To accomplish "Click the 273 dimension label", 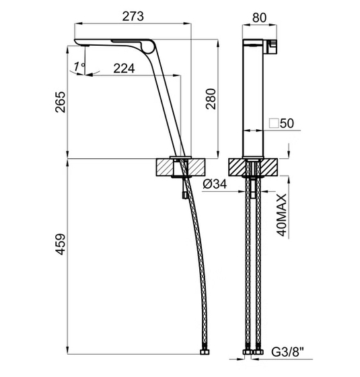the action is coord(133,16).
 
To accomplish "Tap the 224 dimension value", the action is coord(124,68).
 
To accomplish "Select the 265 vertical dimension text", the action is coord(61,102).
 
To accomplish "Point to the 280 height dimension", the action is coord(211,99).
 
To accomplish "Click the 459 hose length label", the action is coord(61,244).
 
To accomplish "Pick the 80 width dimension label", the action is coord(260,18).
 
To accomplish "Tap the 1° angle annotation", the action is coord(79,67).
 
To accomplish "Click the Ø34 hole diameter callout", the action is coord(215,184).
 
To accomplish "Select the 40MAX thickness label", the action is coord(282,215).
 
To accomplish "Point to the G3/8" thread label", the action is coord(288,352).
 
